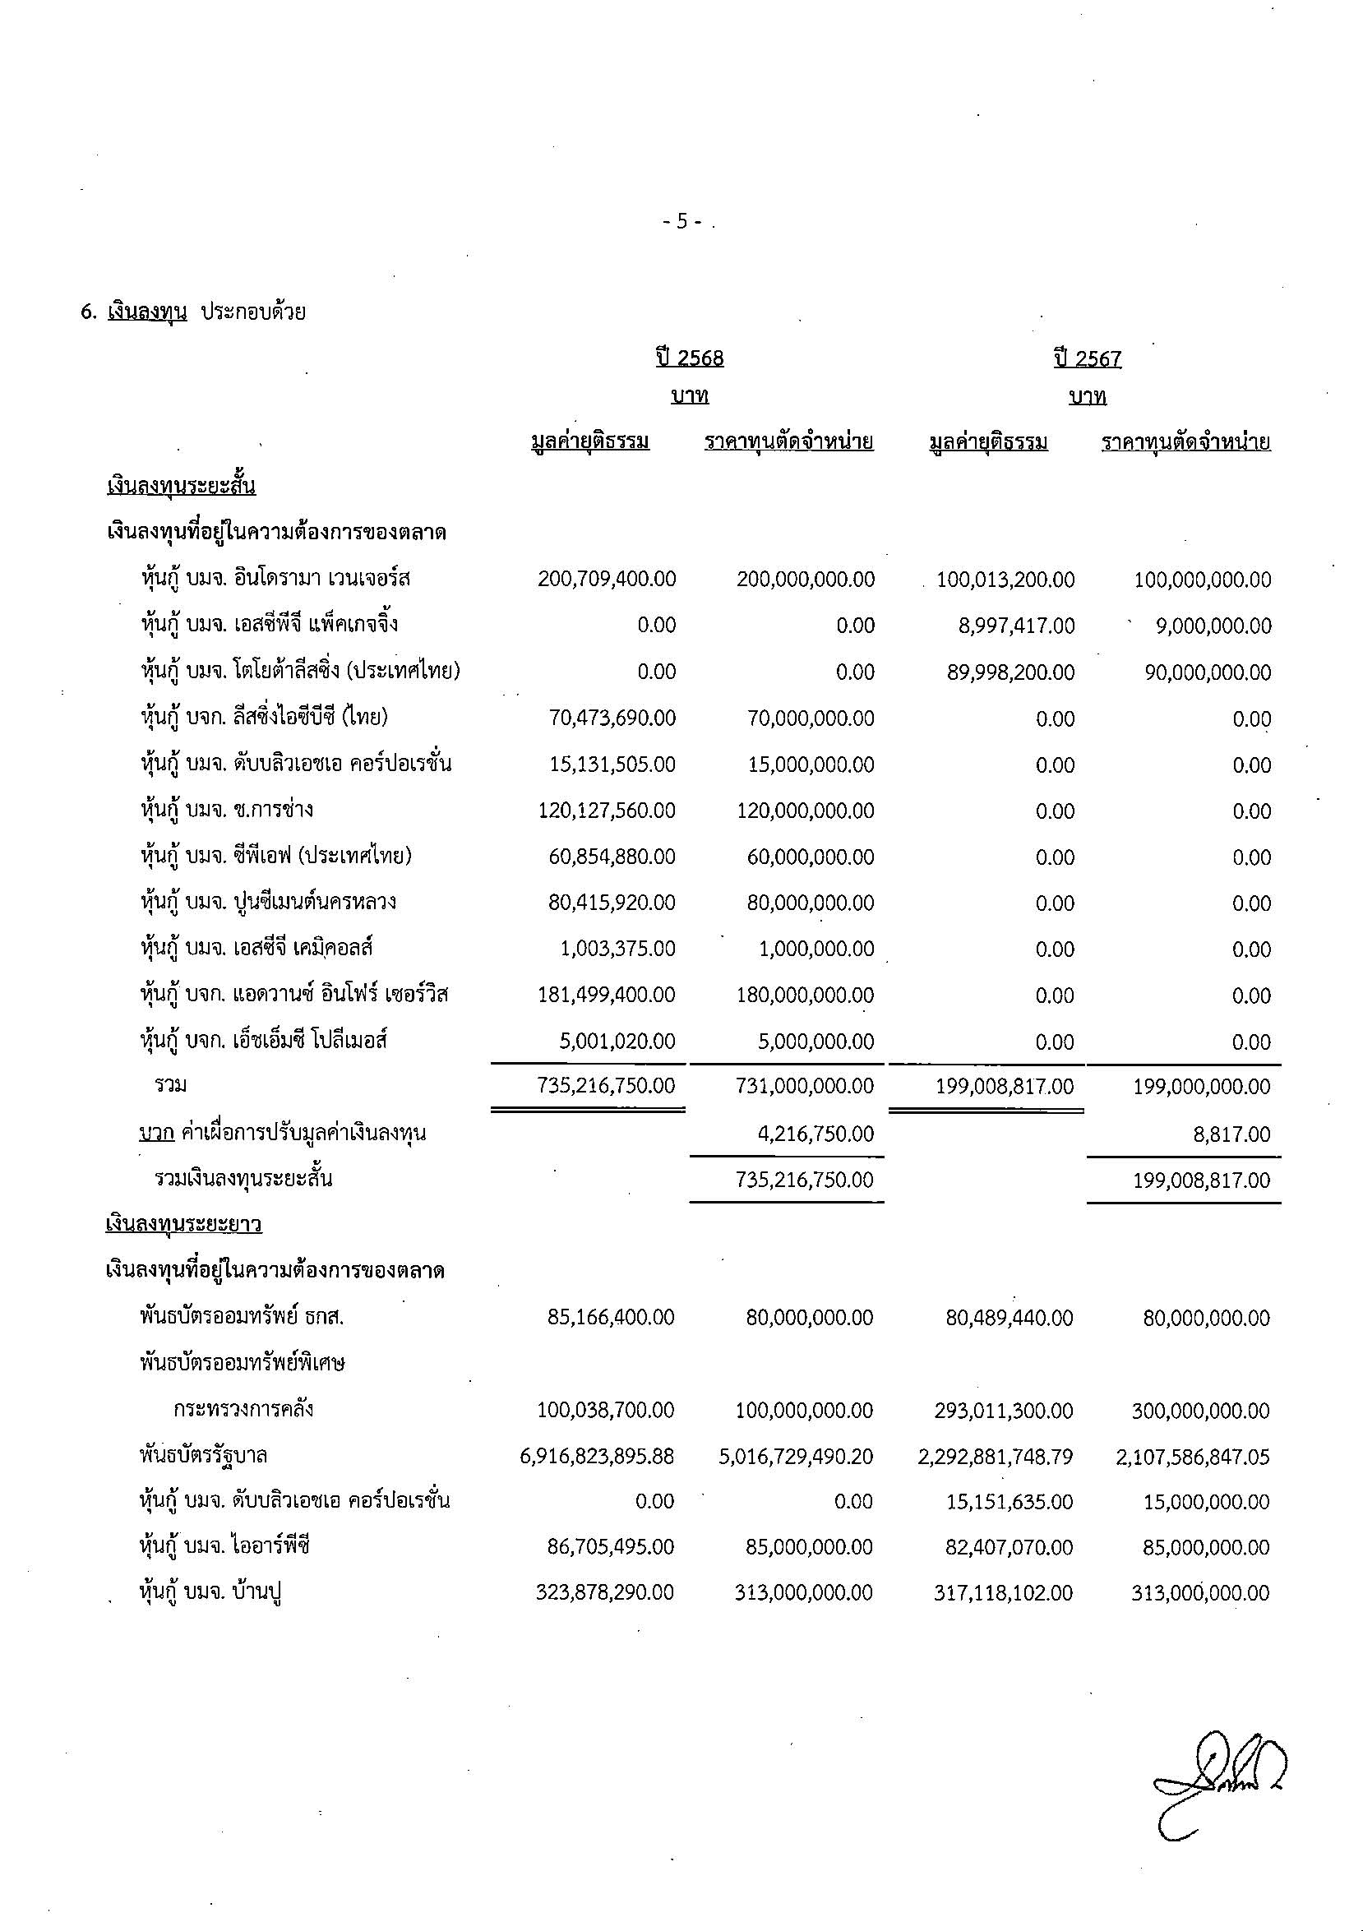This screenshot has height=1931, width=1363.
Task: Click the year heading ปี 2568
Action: click(690, 358)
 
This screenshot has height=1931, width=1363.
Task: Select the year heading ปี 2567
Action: click(1088, 359)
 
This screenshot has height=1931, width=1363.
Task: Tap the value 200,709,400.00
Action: click(606, 580)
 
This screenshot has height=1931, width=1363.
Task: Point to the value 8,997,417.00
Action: click(1016, 626)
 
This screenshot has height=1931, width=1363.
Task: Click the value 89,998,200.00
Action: click(1010, 672)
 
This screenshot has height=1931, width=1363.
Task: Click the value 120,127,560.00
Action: click(606, 811)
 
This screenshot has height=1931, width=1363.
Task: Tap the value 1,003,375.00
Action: click(617, 949)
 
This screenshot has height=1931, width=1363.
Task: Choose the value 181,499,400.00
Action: click(606, 995)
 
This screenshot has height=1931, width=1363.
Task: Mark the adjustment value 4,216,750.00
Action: click(815, 1134)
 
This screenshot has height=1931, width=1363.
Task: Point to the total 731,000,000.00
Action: click(805, 1087)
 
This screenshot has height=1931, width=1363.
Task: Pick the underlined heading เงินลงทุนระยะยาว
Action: click(183, 1224)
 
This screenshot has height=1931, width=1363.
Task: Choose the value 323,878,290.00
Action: click(604, 1593)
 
